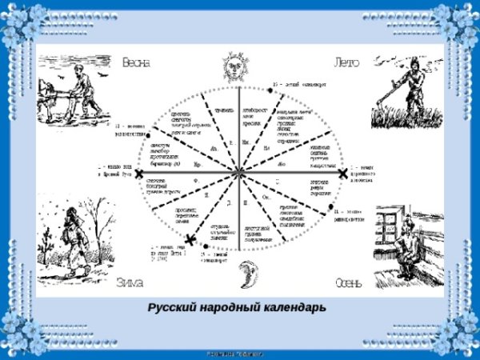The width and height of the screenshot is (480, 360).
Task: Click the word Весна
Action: (x=137, y=62)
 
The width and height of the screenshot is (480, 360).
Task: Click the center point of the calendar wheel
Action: (x=238, y=173)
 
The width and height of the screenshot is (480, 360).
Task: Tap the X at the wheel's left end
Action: (x=139, y=173)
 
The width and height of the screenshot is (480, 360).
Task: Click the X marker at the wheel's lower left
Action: (x=190, y=239)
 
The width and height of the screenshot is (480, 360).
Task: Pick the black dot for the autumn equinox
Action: (x=331, y=210)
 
